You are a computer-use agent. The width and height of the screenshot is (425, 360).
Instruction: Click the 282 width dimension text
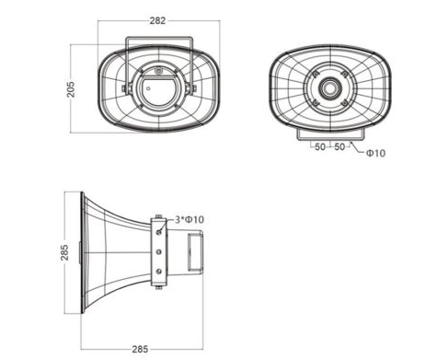coord(157,20)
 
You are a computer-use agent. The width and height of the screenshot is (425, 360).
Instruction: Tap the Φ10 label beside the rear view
coord(375,153)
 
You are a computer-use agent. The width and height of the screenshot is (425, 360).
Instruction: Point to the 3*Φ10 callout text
coord(190,218)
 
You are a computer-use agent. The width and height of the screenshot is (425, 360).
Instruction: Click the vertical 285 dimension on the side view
coord(64,252)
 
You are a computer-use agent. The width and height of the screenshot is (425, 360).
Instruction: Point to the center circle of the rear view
coord(328,89)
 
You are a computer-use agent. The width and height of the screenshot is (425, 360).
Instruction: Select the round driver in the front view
coord(157,91)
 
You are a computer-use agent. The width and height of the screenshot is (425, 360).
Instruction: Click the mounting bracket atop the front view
coord(158,42)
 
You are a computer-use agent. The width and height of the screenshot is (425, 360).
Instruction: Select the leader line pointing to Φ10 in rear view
coord(357,148)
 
